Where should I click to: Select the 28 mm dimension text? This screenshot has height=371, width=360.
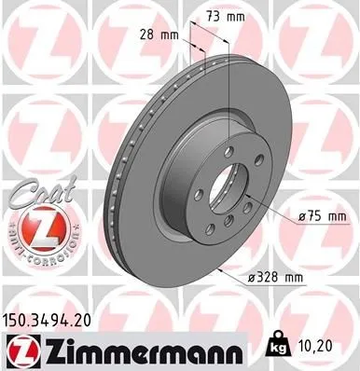click(x=164, y=36)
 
